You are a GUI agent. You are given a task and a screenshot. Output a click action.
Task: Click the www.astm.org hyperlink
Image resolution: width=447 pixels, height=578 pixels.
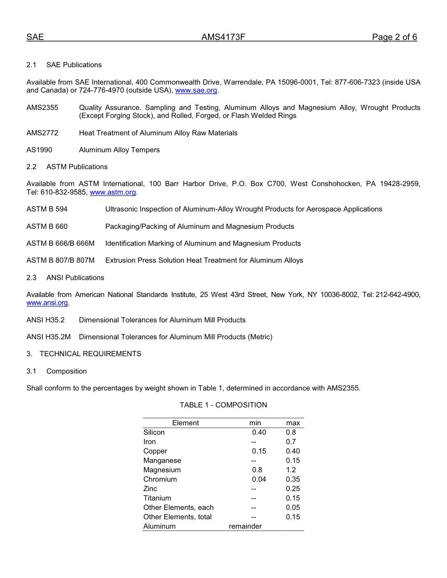113,192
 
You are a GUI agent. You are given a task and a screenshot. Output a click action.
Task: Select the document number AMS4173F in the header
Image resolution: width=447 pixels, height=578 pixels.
223,38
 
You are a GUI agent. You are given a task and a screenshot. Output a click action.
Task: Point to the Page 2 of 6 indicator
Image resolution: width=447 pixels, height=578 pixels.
394,38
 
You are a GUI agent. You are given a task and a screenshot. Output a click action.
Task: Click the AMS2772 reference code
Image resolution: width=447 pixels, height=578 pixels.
42,133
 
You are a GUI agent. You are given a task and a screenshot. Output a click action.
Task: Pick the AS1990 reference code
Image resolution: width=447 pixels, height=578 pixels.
40,150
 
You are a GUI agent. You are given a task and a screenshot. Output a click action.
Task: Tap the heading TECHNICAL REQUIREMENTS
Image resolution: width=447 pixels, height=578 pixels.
90,354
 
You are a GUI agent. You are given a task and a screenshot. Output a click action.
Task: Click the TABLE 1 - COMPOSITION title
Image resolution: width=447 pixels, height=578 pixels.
223,405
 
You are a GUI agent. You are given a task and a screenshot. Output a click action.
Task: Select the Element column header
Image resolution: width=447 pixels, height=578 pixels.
185,423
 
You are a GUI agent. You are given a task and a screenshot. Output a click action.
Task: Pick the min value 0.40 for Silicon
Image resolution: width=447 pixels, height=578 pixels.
259,432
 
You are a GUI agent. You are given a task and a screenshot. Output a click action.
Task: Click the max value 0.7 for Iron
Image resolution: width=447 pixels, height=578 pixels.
291,442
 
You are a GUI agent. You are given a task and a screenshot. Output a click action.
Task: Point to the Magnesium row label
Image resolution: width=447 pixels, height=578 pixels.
162,470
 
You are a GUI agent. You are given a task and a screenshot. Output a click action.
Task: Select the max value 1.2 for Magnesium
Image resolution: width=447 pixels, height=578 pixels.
291,470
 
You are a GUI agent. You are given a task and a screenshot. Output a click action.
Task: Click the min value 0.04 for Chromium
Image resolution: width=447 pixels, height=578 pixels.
259,479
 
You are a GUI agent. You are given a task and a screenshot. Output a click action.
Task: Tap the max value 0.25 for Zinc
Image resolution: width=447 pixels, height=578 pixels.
293,489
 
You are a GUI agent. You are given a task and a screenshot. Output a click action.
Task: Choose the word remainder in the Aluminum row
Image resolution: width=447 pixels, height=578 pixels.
245,526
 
